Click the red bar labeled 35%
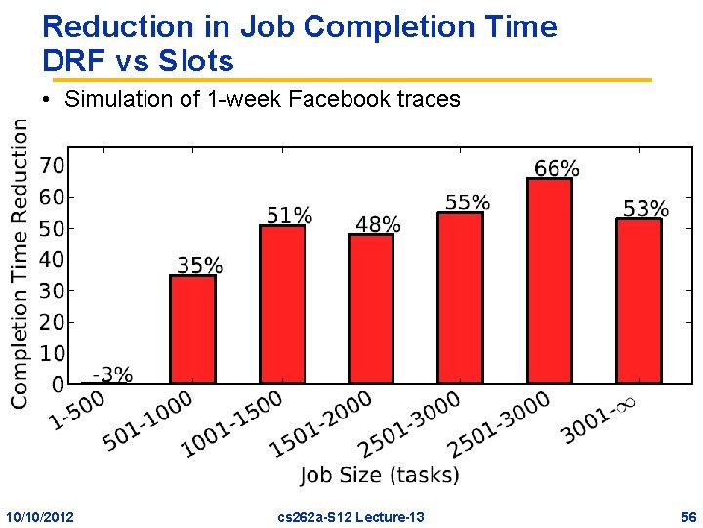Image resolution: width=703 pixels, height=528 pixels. pyautogui.click(x=192, y=329)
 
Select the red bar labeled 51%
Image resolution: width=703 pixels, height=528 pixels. pyautogui.click(x=282, y=304)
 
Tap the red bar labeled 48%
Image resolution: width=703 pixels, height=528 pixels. pyautogui.click(x=371, y=308)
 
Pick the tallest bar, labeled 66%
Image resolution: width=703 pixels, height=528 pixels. pyautogui.click(x=549, y=281)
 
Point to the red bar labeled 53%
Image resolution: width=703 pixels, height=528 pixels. pyautogui.click(x=639, y=300)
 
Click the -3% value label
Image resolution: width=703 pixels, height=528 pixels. pyautogui.click(x=112, y=374)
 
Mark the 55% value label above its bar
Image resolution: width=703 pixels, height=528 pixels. pyautogui.click(x=468, y=203)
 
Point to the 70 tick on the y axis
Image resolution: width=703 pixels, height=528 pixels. pyautogui.click(x=52, y=165)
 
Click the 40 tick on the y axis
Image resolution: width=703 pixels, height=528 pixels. pyautogui.click(x=52, y=259)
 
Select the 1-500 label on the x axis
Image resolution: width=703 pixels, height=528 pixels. pyautogui.click(x=77, y=410)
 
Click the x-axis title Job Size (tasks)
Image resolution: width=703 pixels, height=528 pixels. pyautogui.click(x=380, y=475)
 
